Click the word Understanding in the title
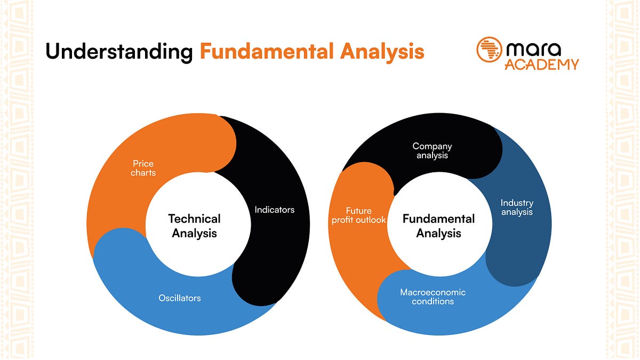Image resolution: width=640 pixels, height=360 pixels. pos(118,52)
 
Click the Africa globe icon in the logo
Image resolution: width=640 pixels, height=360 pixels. pos(490,50)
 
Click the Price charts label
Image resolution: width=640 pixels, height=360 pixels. pos(143,168)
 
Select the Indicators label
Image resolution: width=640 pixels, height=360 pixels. pos(274,210)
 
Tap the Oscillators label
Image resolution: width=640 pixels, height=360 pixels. pos(180,298)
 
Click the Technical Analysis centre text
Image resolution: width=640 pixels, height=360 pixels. pos(195,226)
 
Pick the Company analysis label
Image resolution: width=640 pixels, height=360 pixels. pos(432,150)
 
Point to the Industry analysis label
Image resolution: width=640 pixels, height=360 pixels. pos(517,207)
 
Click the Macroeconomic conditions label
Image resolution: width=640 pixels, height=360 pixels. pos(433,297)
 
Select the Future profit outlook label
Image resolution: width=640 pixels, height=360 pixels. pos(358,215)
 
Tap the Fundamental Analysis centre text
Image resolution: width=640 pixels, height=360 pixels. pos(438,226)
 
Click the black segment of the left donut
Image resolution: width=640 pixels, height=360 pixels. pos(277,245)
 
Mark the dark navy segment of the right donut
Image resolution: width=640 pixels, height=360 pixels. pos(520,245)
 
